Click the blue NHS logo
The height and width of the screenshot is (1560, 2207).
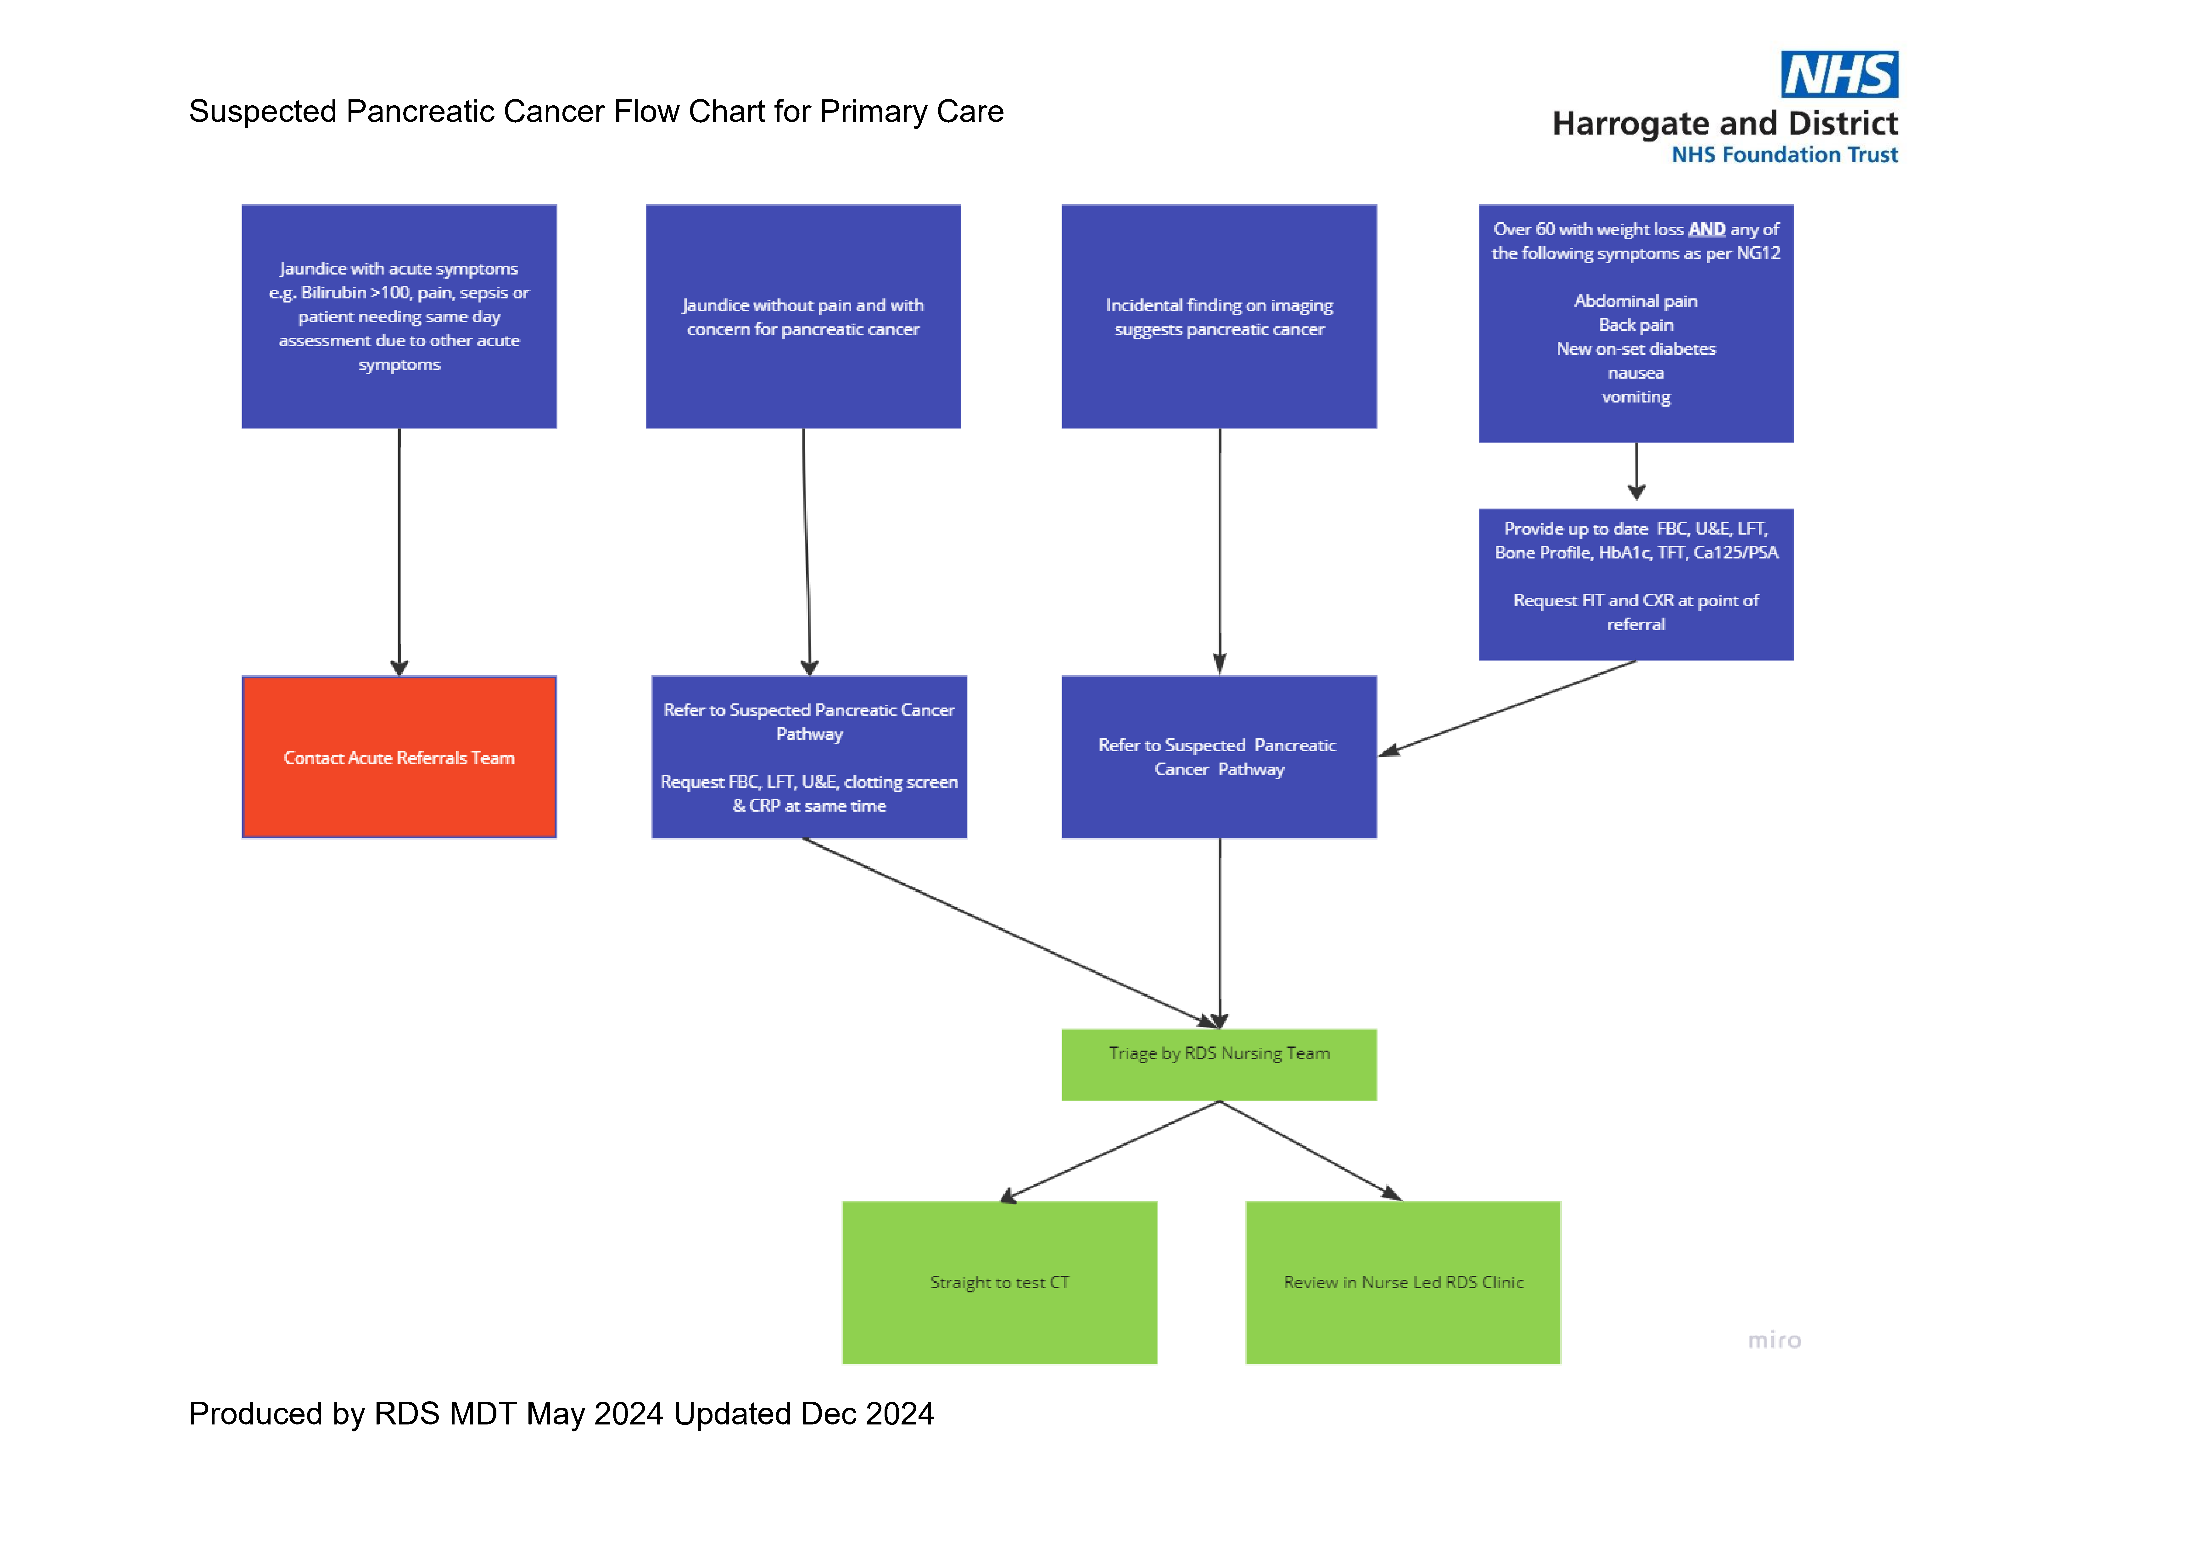[x=1839, y=75]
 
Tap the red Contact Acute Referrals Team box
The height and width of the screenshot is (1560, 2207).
[x=399, y=758]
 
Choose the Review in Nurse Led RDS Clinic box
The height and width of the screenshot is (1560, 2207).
[x=1402, y=1282]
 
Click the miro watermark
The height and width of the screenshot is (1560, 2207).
[x=1774, y=1340]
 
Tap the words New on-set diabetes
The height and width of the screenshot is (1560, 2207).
[x=1635, y=349]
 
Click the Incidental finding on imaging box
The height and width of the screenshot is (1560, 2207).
[x=1219, y=316]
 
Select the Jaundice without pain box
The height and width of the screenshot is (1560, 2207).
[x=803, y=316]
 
